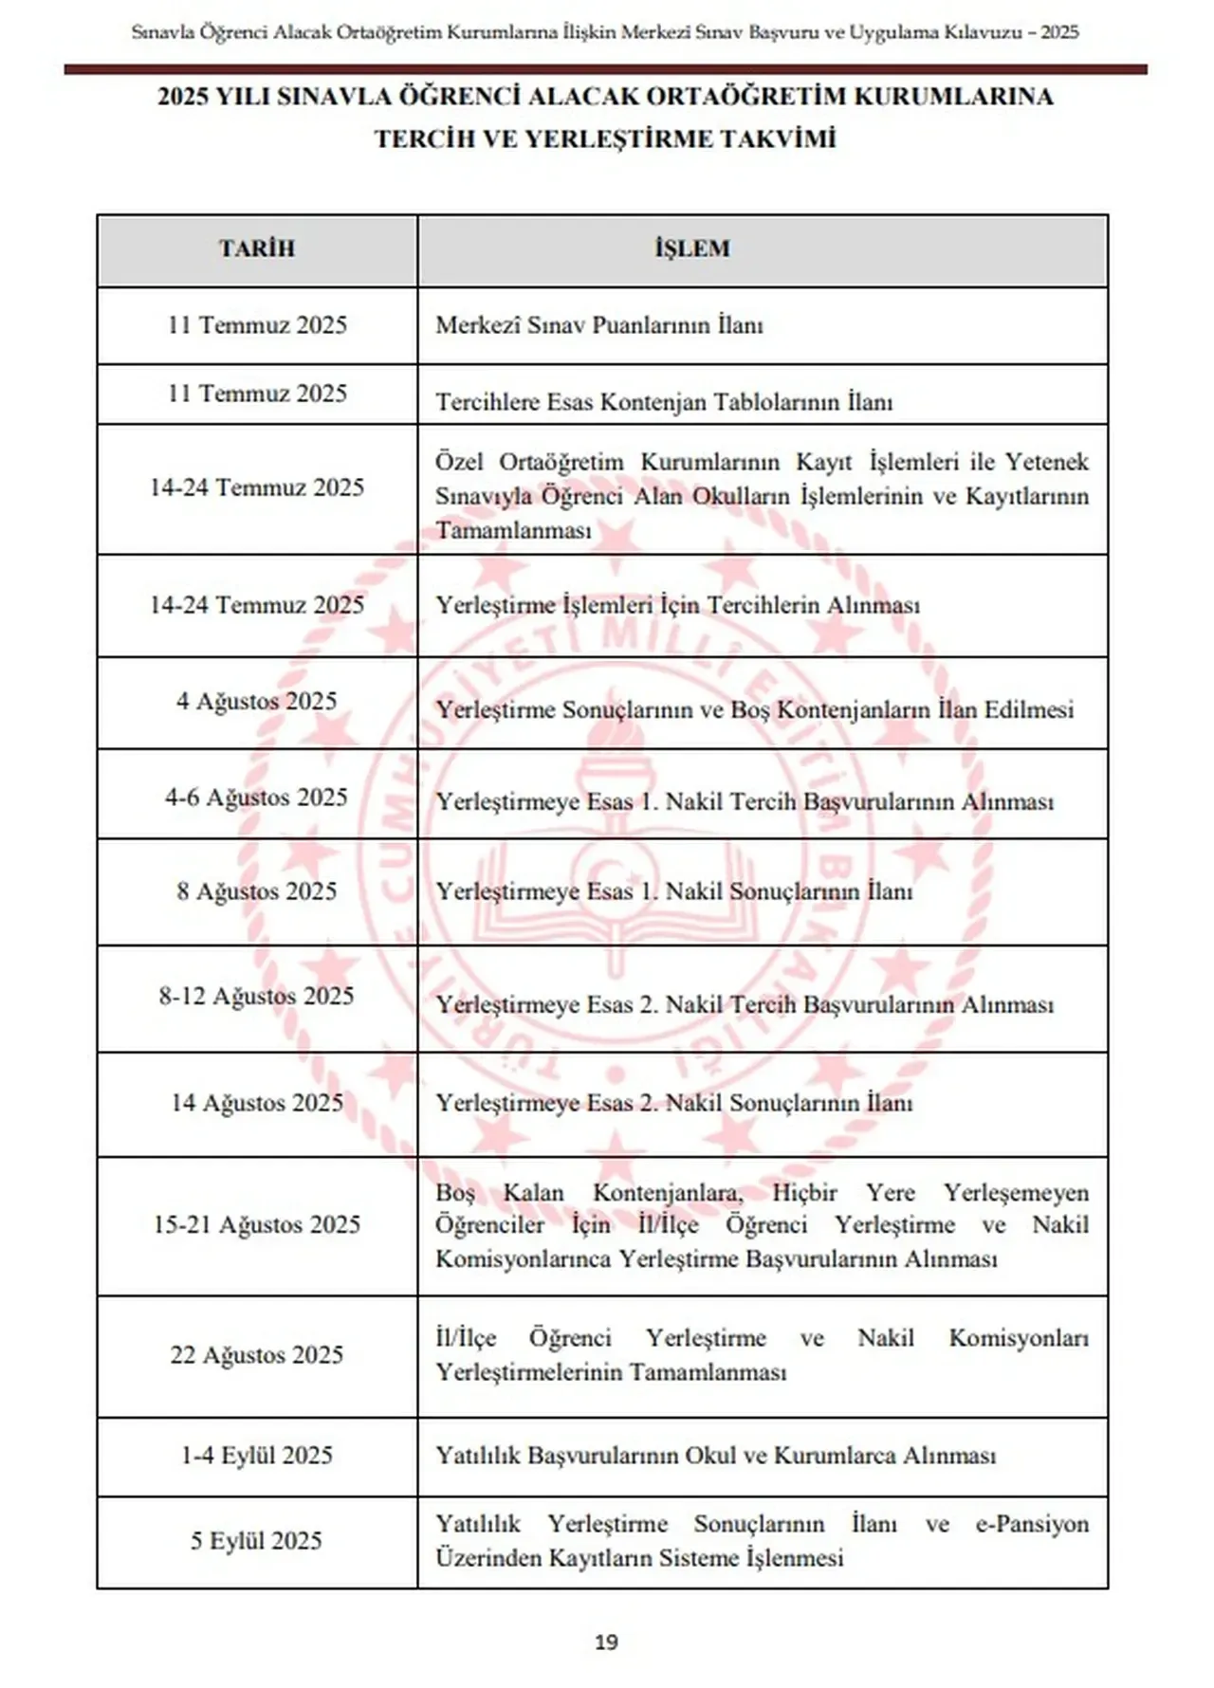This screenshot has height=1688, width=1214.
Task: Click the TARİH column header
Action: pyautogui.click(x=257, y=248)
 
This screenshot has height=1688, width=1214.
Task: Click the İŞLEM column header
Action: pyautogui.click(x=692, y=248)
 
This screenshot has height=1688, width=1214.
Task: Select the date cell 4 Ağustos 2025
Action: pyautogui.click(x=257, y=702)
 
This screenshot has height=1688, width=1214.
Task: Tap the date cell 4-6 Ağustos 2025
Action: pyautogui.click(x=257, y=798)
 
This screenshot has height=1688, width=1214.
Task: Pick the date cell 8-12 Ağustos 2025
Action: pyautogui.click(x=257, y=996)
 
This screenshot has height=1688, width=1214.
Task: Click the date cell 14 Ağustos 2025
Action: pyautogui.click(x=257, y=1103)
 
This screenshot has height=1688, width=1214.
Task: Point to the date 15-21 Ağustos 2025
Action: pyautogui.click(x=257, y=1224)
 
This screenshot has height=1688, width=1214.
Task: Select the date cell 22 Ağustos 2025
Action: pyautogui.click(x=257, y=1354)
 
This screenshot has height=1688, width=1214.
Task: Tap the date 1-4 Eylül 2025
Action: pyautogui.click(x=257, y=1455)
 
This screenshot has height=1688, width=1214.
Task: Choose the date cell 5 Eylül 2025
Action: pyautogui.click(x=257, y=1540)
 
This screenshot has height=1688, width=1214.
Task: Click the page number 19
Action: pyautogui.click(x=607, y=1642)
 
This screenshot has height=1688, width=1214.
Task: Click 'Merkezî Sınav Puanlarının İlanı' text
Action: pyautogui.click(x=599, y=325)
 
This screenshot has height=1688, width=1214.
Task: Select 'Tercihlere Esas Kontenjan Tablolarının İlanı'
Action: pyautogui.click(x=664, y=402)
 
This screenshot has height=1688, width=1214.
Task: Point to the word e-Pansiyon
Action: pyautogui.click(x=1032, y=1524)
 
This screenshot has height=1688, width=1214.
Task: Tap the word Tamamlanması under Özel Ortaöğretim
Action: pyautogui.click(x=513, y=530)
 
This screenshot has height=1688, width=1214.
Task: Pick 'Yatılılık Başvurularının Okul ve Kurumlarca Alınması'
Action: pyautogui.click(x=716, y=1456)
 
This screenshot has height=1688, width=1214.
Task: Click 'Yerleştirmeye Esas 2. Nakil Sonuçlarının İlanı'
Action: pyautogui.click(x=674, y=1103)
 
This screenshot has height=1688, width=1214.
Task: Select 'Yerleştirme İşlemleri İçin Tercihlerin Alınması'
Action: pyautogui.click(x=678, y=605)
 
